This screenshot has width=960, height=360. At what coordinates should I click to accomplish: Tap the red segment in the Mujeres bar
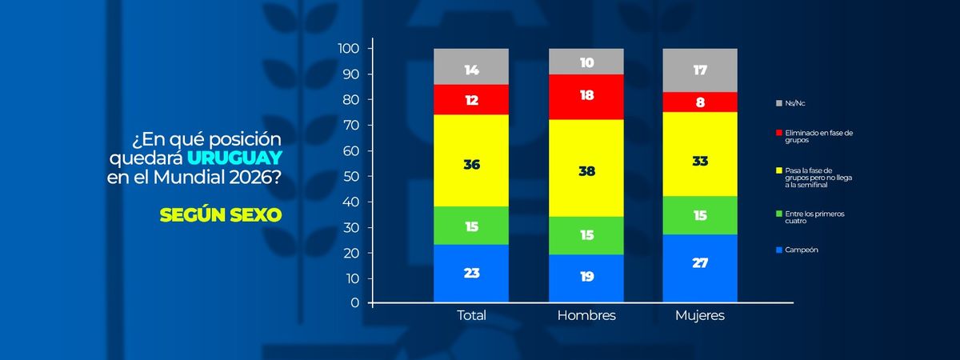click(700, 102)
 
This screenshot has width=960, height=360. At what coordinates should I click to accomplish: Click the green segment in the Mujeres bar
click(700, 214)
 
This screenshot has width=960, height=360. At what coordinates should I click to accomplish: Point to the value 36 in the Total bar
click(472, 165)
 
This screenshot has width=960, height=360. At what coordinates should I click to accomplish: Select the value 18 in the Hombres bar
click(586, 94)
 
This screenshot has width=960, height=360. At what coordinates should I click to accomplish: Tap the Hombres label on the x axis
click(586, 315)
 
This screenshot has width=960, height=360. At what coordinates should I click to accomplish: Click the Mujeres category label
click(700, 315)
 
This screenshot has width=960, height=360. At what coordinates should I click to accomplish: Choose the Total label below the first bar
click(470, 315)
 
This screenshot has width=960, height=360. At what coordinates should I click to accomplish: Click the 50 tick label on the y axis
click(351, 176)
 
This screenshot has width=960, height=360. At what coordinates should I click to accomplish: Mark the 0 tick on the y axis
click(354, 303)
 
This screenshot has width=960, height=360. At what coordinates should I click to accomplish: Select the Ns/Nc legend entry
click(792, 103)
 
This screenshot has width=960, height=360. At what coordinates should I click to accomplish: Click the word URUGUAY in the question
click(236, 155)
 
